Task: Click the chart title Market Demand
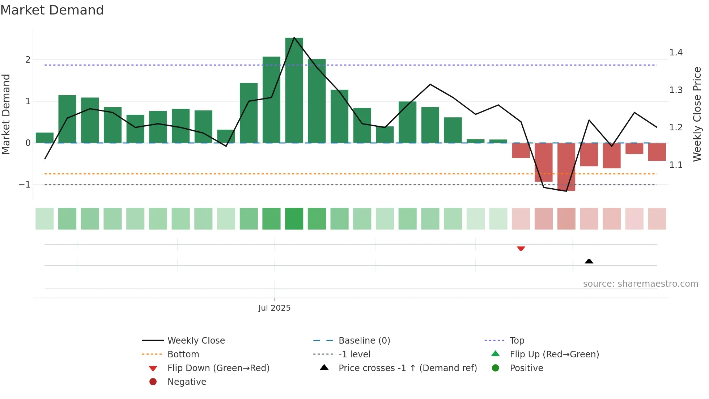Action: point(52,10)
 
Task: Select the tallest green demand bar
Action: point(294,91)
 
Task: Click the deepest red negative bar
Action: point(566,167)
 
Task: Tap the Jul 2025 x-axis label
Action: point(274,308)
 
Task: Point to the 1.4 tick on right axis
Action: point(676,53)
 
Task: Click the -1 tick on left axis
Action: point(25,185)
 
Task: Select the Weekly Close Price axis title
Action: point(697,114)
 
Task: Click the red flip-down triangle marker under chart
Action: point(521,248)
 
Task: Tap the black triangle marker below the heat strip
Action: point(589,261)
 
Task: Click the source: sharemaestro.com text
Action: point(640,284)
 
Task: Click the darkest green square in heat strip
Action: point(294,219)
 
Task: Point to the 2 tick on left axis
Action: point(28,60)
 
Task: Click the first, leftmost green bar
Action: point(44,138)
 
